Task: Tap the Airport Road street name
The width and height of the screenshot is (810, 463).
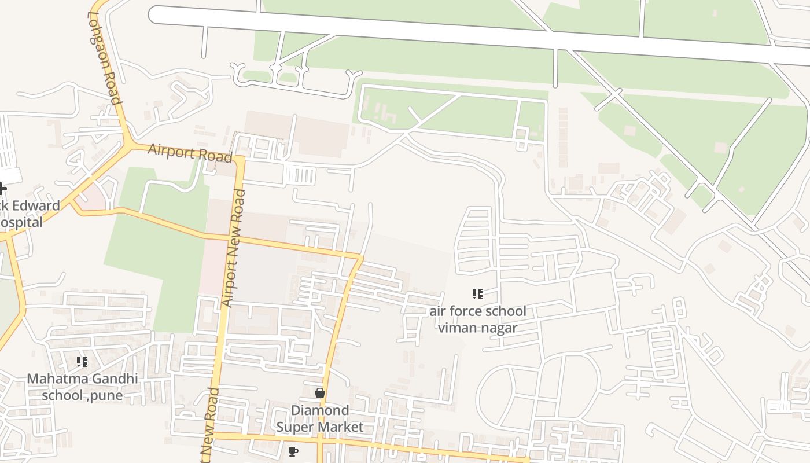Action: pyautogui.click(x=190, y=152)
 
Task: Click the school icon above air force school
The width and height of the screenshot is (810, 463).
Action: pyautogui.click(x=477, y=294)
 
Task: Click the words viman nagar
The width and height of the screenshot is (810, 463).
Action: pyautogui.click(x=477, y=328)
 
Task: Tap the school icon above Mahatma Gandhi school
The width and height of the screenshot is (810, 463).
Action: pyautogui.click(x=82, y=362)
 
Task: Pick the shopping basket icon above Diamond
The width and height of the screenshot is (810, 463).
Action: pyautogui.click(x=319, y=394)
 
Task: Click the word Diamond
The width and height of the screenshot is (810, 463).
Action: pyautogui.click(x=319, y=410)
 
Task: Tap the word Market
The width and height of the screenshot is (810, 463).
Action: pyautogui.click(x=341, y=427)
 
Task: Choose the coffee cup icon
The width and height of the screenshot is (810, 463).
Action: pyautogui.click(x=293, y=451)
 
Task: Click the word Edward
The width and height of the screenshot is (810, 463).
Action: pyautogui.click(x=37, y=205)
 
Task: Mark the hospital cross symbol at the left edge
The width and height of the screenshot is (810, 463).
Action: pyautogui.click(x=2, y=188)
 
